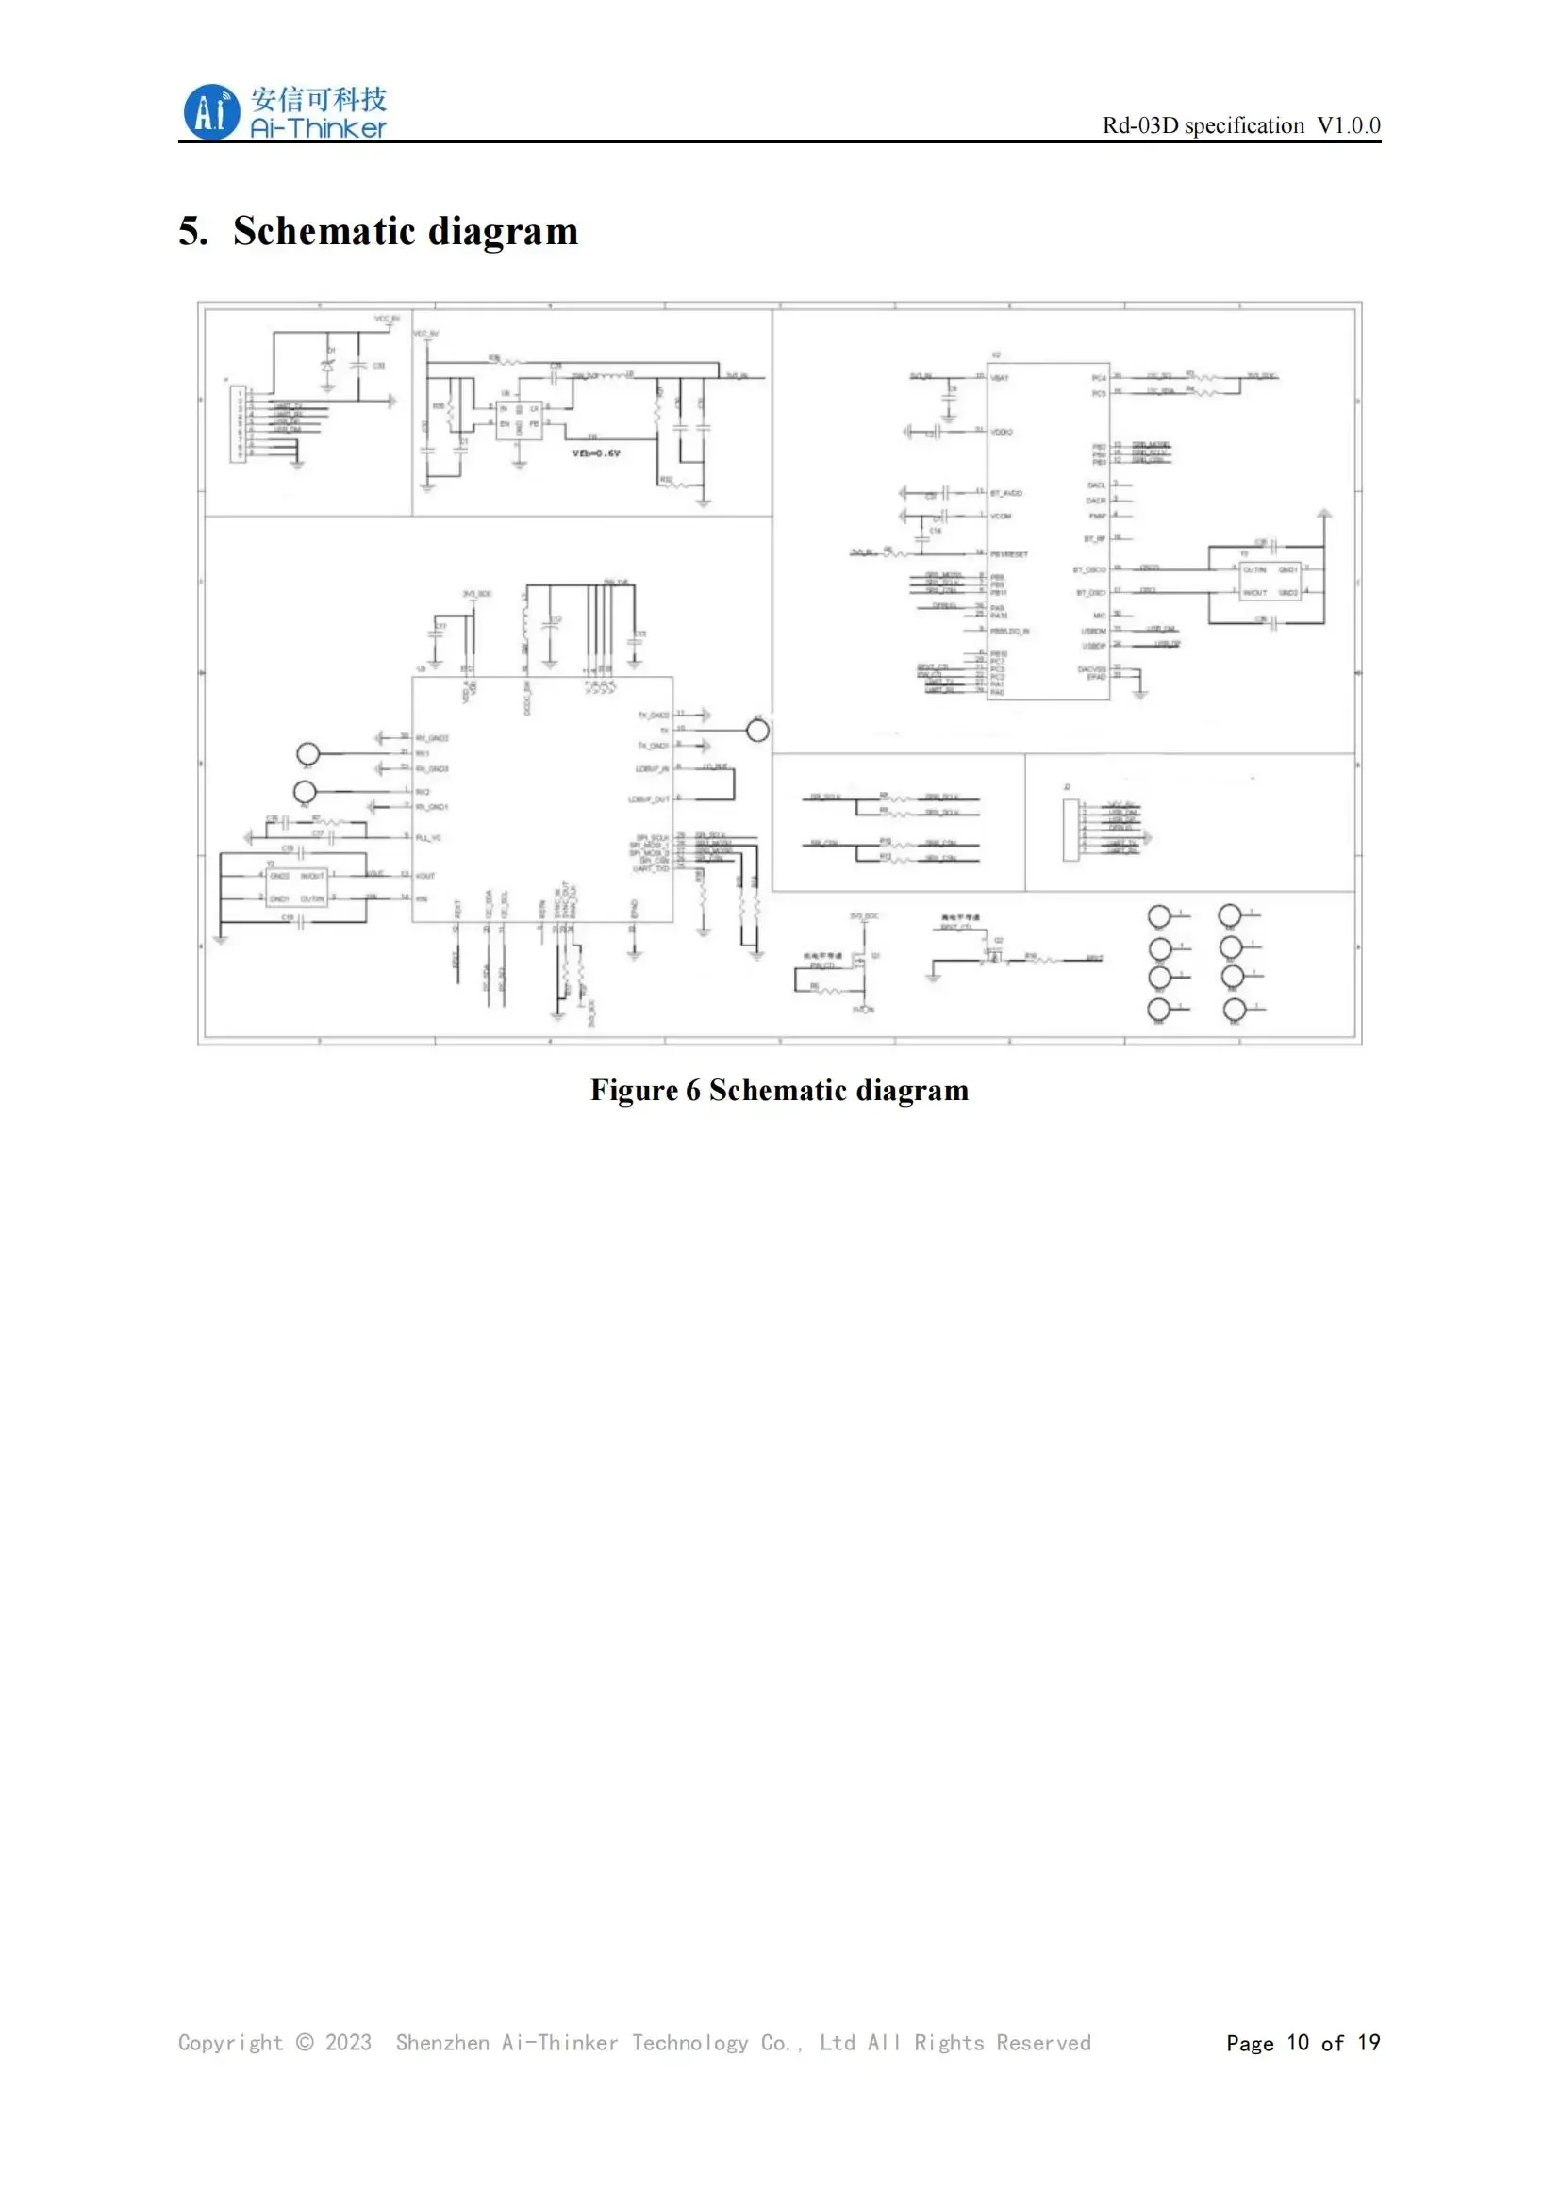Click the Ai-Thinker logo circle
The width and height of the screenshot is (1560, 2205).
tap(210, 112)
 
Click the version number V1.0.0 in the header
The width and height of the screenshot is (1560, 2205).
tap(1348, 125)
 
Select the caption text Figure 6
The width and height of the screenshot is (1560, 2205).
tap(644, 1090)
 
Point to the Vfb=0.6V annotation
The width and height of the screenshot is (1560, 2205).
tap(595, 453)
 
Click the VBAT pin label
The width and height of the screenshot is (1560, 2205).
tap(1000, 378)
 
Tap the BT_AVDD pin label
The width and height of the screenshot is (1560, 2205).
tap(1005, 493)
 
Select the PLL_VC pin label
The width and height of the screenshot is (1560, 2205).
tap(428, 837)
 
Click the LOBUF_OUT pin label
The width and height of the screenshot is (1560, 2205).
tap(648, 799)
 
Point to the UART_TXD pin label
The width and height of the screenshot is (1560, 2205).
tap(651, 868)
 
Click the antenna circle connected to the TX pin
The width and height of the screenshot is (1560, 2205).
tap(758, 731)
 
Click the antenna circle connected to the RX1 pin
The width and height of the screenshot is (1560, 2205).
tap(307, 754)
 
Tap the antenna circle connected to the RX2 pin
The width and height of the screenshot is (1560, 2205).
tap(305, 791)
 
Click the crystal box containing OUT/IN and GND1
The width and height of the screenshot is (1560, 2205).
tap(1270, 581)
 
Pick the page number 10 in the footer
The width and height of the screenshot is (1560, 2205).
tap(1298, 2043)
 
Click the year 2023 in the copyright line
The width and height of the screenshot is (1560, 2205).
tap(348, 2043)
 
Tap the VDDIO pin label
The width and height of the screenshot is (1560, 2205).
tap(1001, 432)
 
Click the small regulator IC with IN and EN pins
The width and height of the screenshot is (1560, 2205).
tap(519, 420)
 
